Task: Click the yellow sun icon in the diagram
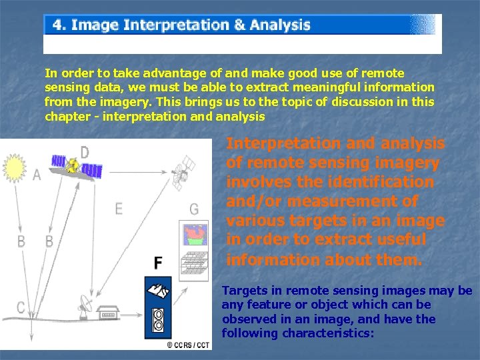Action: (15, 167)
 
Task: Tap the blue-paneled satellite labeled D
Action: (75, 166)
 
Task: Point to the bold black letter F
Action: (158, 263)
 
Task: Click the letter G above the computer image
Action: (193, 209)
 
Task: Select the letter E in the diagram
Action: (119, 209)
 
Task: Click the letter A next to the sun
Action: (36, 175)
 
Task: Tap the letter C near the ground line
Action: (21, 307)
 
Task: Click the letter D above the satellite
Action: (85, 152)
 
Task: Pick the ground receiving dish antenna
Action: (85, 304)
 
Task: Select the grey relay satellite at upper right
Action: (182, 165)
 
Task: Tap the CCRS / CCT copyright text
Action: (189, 345)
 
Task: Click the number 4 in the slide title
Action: (59, 25)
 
